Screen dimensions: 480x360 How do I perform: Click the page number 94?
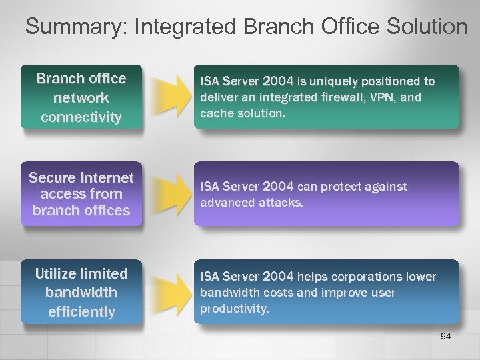click(x=446, y=336)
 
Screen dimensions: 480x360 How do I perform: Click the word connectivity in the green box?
click(x=81, y=117)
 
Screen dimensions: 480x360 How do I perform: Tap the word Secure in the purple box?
click(x=51, y=179)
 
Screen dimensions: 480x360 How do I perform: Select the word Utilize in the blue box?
click(x=57, y=273)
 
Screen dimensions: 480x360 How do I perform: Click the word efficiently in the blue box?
click(x=81, y=311)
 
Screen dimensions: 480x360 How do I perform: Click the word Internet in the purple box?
click(x=103, y=179)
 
